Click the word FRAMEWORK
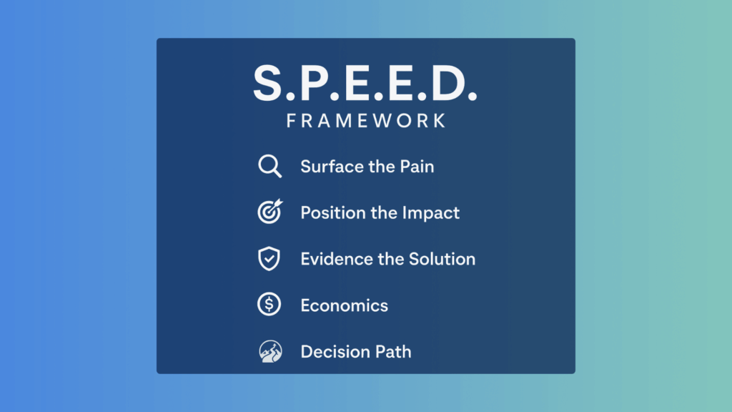click(x=366, y=120)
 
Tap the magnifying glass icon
click(x=269, y=167)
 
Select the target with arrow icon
click(x=269, y=212)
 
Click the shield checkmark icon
click(x=269, y=259)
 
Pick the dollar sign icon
click(x=269, y=305)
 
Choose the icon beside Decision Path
click(x=269, y=351)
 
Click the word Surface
click(x=328, y=167)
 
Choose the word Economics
click(x=344, y=305)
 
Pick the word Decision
click(x=332, y=351)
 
